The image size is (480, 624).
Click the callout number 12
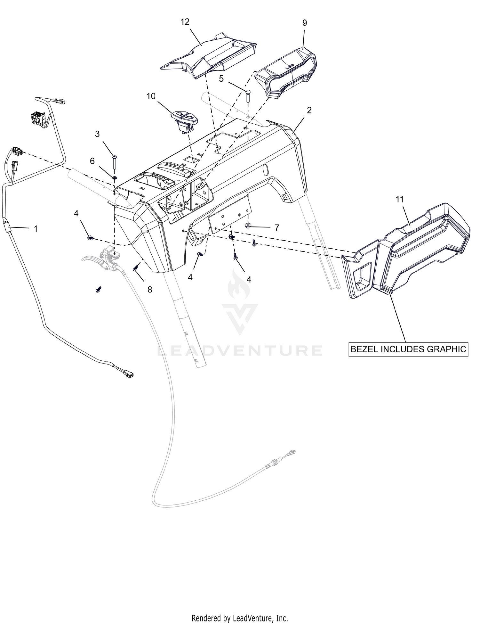185,22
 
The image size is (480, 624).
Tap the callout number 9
305,23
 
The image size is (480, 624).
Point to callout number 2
309,110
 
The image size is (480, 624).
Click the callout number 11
400,200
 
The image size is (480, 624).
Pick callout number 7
277,227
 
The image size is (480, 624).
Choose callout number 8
149,290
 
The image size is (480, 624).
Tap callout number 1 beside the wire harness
36,229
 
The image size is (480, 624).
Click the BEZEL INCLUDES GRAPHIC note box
408,349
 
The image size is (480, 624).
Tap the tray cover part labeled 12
209,55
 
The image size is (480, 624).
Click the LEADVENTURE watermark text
240,350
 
